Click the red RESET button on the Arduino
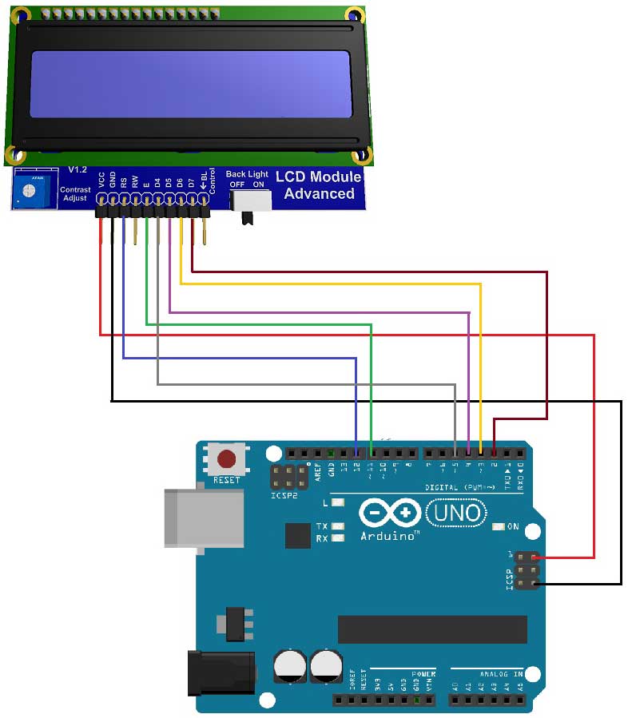227,460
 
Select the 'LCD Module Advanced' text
319,185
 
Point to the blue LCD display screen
191,84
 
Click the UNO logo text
457,512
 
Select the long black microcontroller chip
432,629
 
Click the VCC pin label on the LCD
101,180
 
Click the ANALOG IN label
500,674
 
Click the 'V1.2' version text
78,170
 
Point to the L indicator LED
339,503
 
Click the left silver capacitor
288,665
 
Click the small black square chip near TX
298,535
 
